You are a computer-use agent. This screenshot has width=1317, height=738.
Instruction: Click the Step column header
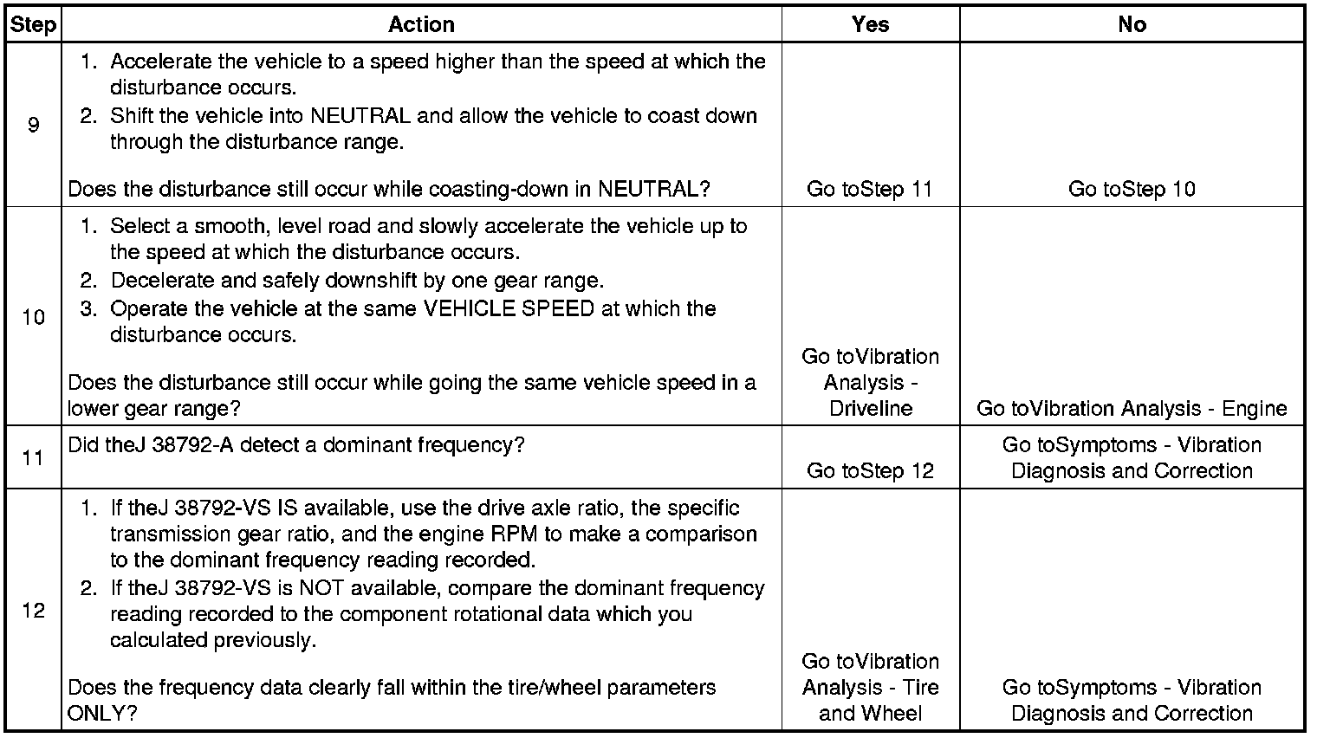click(33, 24)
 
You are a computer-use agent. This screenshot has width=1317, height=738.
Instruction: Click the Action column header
click(421, 24)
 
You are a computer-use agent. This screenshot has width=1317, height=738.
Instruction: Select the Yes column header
click(870, 24)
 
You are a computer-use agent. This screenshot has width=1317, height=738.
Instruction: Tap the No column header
click(1132, 24)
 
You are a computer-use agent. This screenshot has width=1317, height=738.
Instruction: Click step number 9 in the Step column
click(33, 125)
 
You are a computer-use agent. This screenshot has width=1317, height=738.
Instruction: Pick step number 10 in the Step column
click(33, 317)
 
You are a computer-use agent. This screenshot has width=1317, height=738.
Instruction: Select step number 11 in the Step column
click(33, 457)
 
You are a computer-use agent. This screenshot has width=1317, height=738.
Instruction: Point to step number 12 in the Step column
click(33, 611)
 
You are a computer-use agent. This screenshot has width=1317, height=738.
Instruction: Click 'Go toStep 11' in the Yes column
click(870, 189)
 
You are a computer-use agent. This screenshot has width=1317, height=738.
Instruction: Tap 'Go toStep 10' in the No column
click(1132, 189)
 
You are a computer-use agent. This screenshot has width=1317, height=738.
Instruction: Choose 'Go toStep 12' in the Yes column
click(870, 470)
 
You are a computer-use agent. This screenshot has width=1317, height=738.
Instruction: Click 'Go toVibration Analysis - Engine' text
click(1132, 409)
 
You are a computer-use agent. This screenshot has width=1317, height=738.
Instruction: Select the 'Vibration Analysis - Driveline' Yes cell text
click(870, 383)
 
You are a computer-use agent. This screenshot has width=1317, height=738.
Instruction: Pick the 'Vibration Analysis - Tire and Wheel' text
click(870, 688)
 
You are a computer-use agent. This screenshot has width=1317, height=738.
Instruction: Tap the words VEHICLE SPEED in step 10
click(508, 309)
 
